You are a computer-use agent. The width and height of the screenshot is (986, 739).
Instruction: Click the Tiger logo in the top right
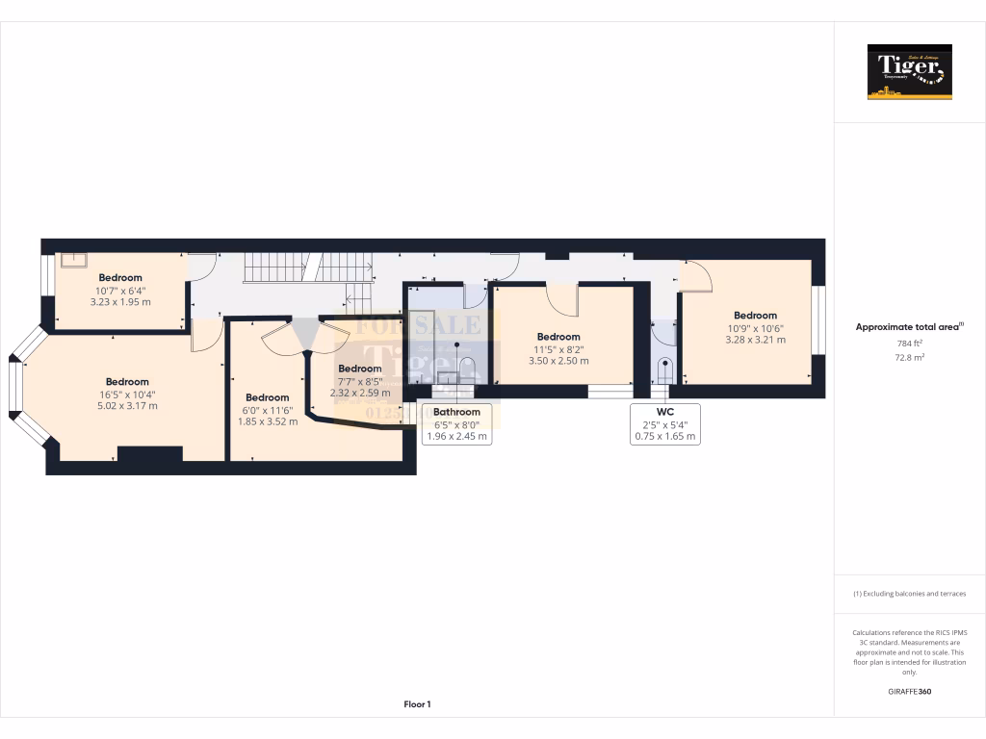pos(909,71)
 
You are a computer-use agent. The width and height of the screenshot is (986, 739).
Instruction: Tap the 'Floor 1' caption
pos(417,704)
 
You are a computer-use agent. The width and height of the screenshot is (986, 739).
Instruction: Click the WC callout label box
pos(664,423)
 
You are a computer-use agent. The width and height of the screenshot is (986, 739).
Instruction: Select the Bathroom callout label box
pos(456,423)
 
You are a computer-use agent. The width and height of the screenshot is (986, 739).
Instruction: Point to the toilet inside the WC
pos(664,369)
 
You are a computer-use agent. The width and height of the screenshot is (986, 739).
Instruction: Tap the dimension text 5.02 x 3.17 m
pos(127,406)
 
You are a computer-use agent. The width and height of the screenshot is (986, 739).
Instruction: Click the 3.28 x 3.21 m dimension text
pos(755,340)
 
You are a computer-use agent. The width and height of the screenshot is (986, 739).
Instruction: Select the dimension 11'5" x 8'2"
pos(558,349)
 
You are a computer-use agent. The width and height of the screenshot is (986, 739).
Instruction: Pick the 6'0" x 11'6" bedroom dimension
pos(267,410)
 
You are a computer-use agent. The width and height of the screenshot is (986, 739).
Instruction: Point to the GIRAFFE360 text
pos(909,691)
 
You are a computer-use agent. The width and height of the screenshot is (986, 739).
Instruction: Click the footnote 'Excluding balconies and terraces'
pos(909,594)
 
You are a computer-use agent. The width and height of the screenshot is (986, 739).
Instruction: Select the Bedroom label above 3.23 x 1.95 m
pos(120,277)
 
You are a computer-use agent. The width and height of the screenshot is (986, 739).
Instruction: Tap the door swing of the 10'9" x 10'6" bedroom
pos(695,276)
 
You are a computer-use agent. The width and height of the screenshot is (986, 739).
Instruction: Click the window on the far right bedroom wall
pos(817,320)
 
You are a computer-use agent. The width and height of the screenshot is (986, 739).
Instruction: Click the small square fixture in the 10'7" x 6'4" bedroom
pos(73,259)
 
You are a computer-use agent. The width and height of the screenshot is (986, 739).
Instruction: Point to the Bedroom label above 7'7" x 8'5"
pos(360,369)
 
